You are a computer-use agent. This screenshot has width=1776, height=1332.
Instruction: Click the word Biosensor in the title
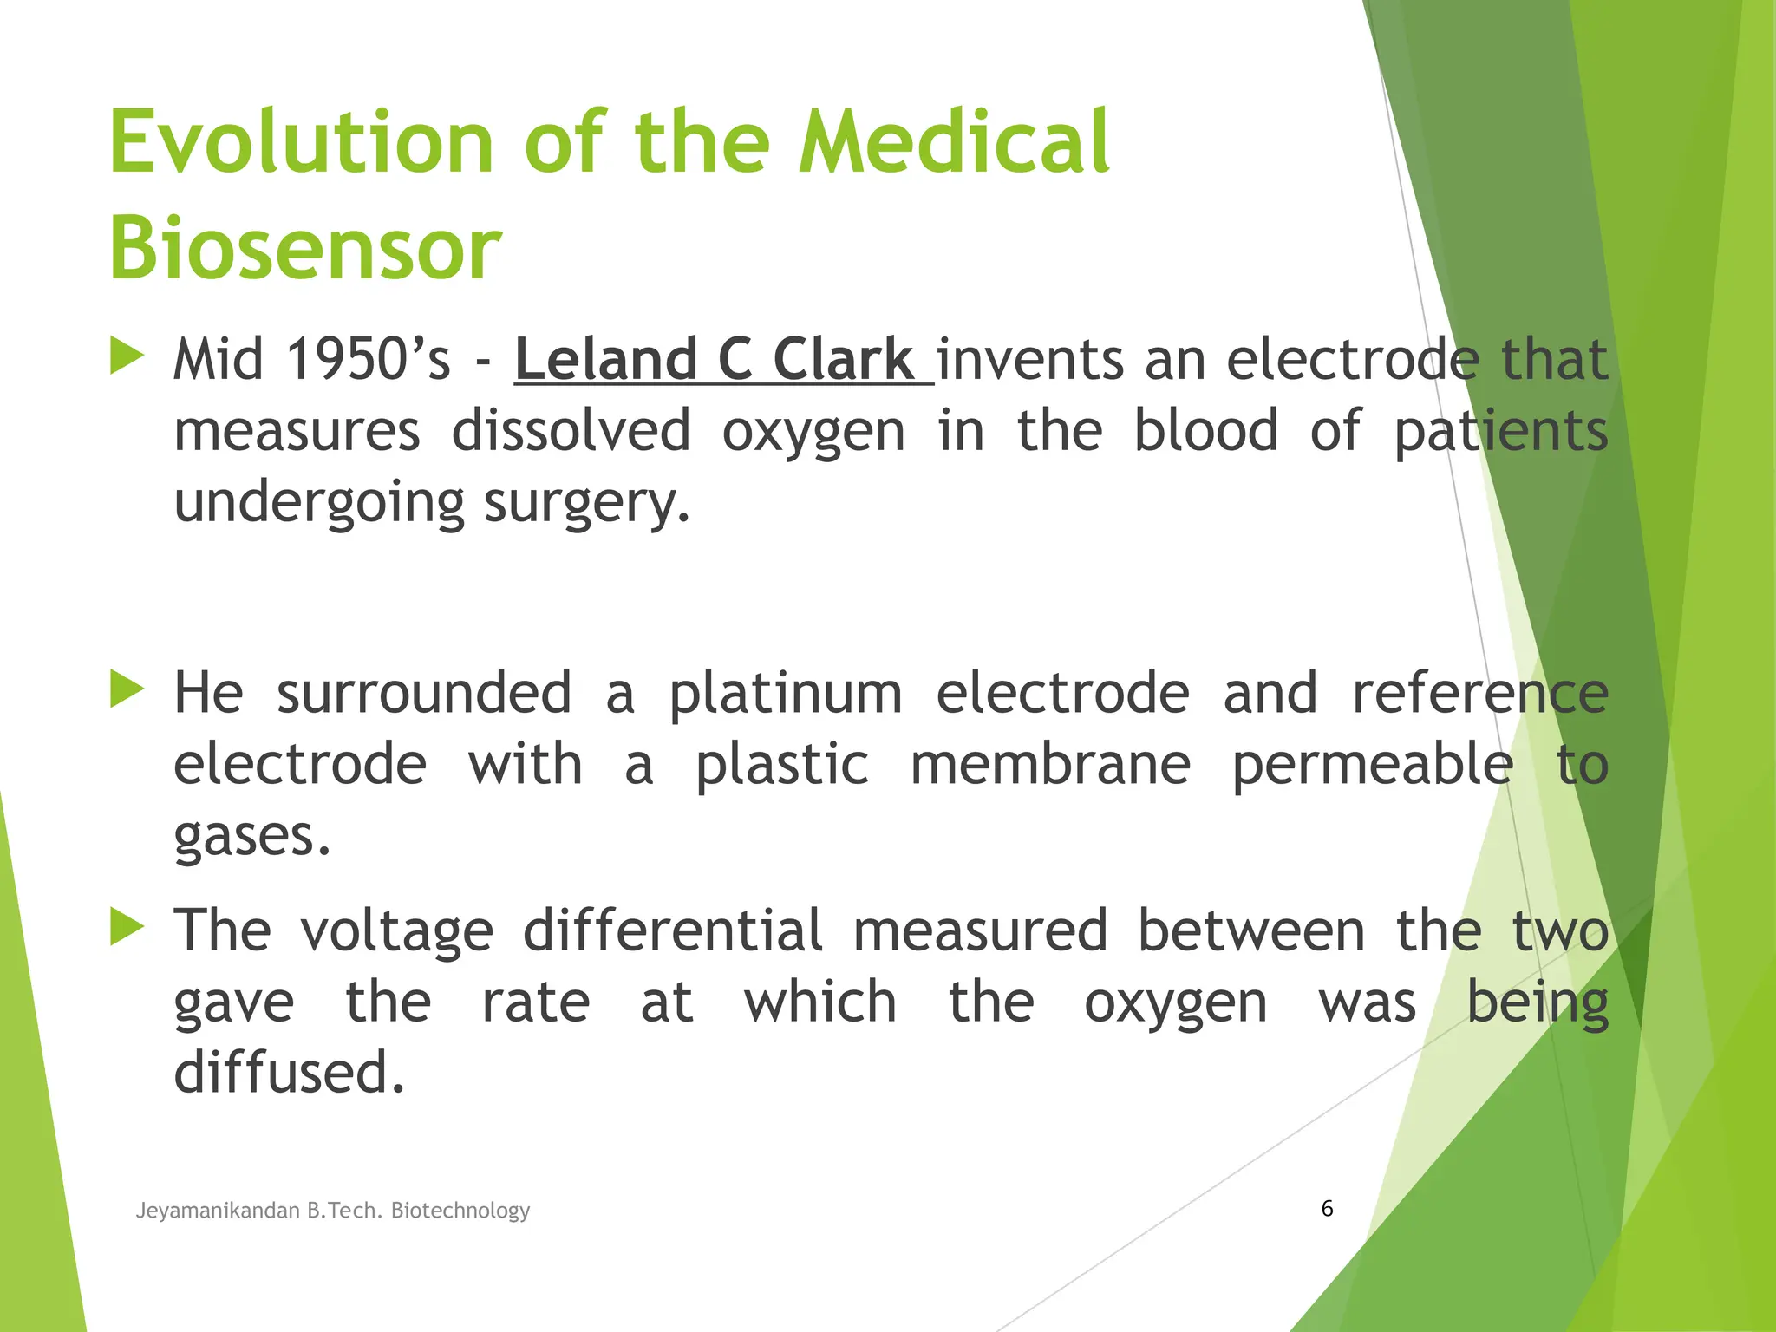coord(305,249)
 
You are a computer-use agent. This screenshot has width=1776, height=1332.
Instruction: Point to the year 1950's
coord(369,360)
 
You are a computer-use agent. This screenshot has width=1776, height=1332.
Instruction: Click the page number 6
coord(1327,1208)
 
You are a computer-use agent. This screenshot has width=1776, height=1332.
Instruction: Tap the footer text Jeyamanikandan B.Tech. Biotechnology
coord(333,1210)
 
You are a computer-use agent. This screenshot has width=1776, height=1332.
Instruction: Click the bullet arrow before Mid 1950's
coord(127,356)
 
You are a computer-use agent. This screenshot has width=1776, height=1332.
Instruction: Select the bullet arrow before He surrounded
coord(127,690)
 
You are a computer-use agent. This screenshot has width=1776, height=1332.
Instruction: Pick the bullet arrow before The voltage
coord(127,927)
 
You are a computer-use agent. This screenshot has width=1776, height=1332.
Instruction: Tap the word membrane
coord(1050,765)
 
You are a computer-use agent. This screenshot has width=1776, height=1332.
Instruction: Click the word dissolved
coord(571,431)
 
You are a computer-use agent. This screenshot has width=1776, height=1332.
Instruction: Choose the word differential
coord(672,930)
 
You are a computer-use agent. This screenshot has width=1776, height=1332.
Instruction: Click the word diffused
coord(289,1073)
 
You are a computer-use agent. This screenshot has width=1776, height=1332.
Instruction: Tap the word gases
coord(251,837)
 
